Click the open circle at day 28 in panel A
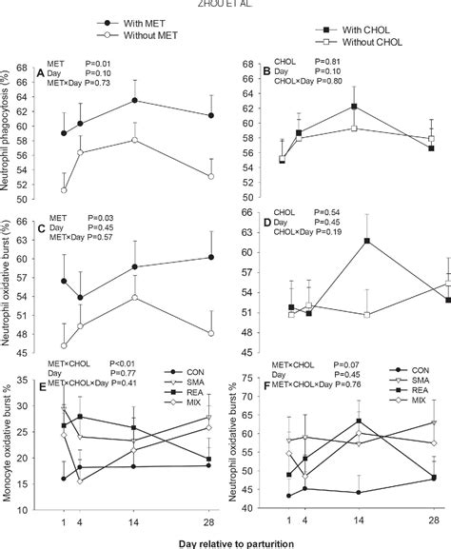click(211, 176)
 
